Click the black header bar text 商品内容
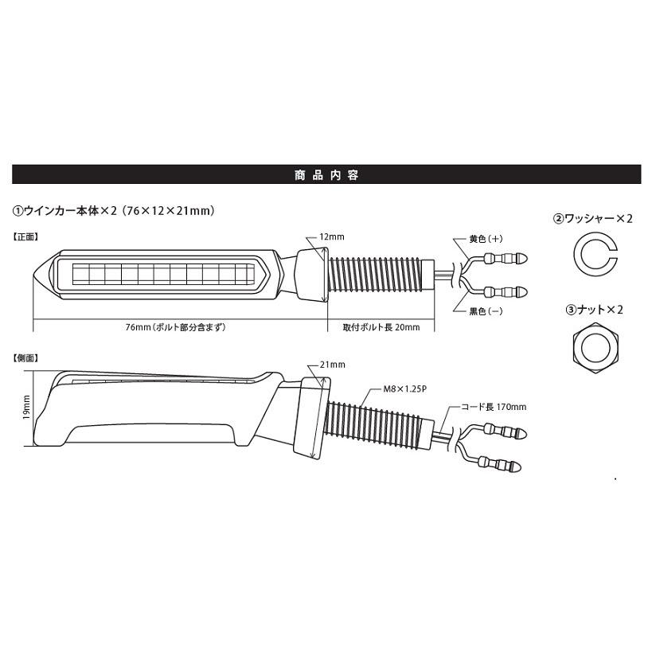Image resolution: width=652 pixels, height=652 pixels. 326,175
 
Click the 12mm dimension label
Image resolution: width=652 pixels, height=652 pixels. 332,237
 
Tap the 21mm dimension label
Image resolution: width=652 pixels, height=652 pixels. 332,365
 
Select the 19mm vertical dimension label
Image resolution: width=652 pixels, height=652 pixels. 26,407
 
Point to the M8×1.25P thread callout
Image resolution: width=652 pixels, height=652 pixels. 404,389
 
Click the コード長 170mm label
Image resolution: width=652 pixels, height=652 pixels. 494,407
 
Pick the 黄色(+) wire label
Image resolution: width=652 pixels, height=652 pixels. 486,239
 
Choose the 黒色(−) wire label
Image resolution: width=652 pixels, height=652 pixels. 486,311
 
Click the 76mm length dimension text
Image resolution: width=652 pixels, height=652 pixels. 175,327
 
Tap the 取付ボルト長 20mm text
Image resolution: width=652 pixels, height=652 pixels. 381,327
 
